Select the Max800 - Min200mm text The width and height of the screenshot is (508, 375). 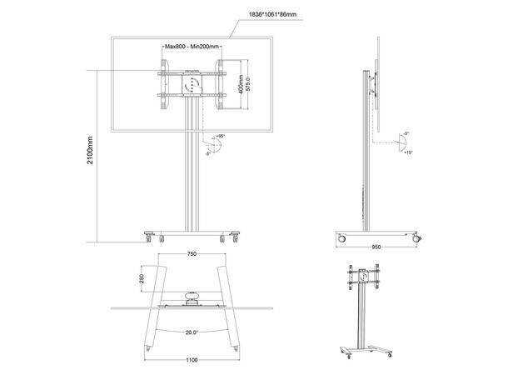192,47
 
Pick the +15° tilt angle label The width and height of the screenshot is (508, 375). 407,152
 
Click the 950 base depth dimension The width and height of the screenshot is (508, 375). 376,247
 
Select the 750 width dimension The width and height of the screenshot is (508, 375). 192,254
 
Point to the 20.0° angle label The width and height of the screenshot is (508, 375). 192,331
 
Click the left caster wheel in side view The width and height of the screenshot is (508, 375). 341,240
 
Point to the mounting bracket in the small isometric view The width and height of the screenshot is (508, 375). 364,280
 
